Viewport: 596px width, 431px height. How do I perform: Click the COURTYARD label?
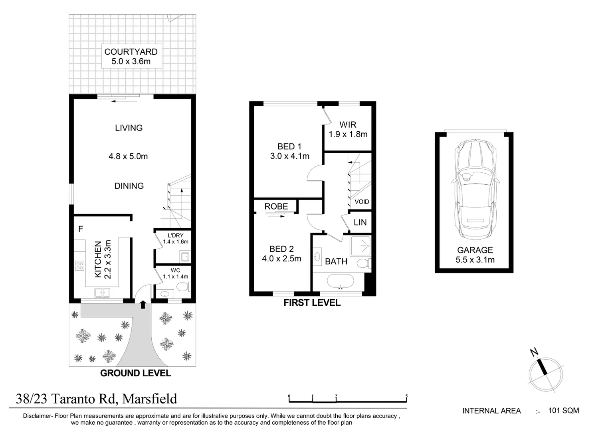(x=131, y=51)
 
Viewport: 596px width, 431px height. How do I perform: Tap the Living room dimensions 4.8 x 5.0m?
(x=128, y=156)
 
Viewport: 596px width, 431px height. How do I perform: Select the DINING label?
(x=129, y=186)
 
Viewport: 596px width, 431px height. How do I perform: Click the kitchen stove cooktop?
(x=80, y=266)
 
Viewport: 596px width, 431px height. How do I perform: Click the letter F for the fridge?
(x=81, y=229)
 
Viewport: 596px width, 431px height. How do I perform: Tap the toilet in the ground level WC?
(x=183, y=287)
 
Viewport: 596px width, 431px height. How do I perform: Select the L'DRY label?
(x=175, y=235)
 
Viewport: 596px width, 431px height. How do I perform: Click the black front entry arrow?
(x=143, y=304)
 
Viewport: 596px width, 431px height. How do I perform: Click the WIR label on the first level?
(x=348, y=125)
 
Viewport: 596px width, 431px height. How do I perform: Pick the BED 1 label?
(x=289, y=146)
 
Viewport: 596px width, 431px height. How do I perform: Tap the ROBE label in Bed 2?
(x=276, y=206)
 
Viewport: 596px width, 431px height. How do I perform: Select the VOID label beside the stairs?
(x=362, y=202)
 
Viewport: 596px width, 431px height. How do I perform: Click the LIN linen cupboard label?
(x=360, y=222)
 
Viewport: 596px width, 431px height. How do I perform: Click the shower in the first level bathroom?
(x=360, y=246)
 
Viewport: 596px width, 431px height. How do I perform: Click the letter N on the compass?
(x=534, y=352)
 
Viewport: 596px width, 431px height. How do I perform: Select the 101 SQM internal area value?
(x=564, y=411)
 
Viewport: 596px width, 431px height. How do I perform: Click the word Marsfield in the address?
(x=150, y=399)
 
